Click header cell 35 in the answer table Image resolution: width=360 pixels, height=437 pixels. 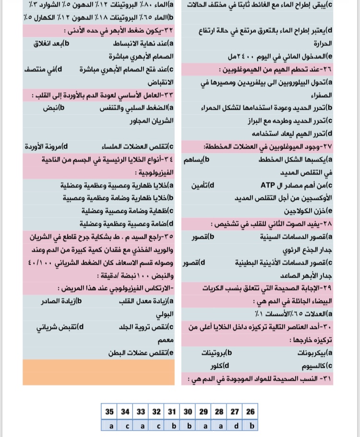[109, 411]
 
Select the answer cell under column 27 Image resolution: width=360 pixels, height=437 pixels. [234, 425]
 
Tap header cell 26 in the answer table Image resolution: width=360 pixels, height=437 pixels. [250, 411]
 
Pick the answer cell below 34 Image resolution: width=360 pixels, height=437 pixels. [125, 425]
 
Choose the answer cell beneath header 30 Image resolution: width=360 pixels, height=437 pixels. [188, 425]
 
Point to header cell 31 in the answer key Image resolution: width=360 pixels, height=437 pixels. [172, 411]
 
